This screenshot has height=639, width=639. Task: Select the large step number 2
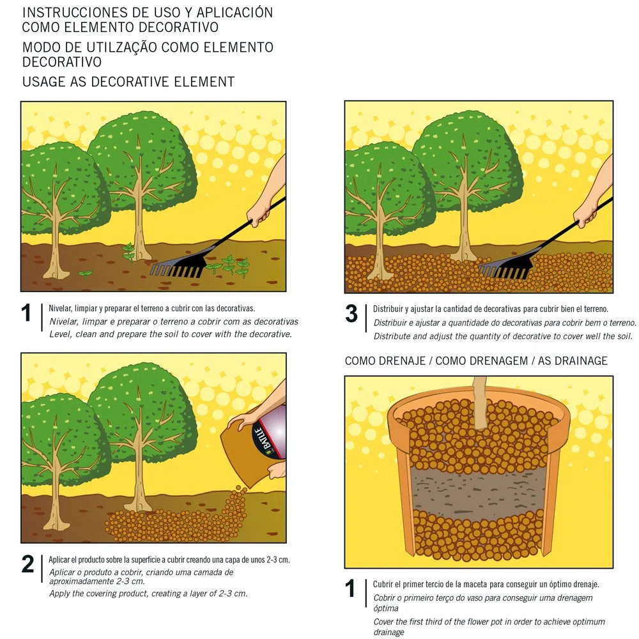point(27,564)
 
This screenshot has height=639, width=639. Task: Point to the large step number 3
point(351,314)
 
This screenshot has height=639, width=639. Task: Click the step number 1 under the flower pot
point(350,589)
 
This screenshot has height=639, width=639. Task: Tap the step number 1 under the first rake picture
point(26,313)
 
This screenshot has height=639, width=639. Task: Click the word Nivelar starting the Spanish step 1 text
point(60,309)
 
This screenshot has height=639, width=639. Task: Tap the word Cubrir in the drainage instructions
point(383,585)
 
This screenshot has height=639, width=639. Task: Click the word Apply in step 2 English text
point(59,594)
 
